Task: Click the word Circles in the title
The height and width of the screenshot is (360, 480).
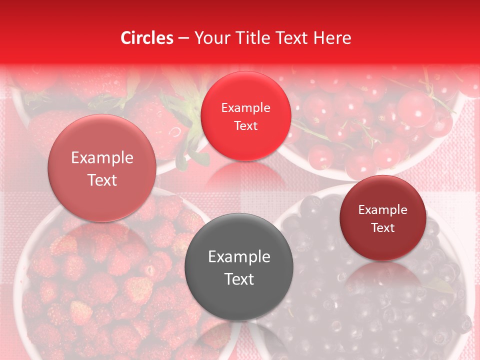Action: coord(147,38)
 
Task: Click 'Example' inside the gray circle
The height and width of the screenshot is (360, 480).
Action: coord(239,257)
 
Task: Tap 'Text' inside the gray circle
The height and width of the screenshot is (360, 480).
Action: coord(239,279)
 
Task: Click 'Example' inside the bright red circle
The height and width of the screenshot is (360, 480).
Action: coord(245,108)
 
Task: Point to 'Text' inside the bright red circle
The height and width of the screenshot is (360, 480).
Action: coord(245,126)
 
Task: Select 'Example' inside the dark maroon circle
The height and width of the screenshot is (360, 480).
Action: coord(383,210)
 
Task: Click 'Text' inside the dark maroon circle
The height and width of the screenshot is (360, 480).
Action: coord(383,228)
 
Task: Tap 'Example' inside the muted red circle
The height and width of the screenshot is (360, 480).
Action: coord(102,158)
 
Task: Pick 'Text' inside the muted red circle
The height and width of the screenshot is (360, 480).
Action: coord(102,180)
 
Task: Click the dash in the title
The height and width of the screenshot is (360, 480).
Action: coord(183,38)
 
